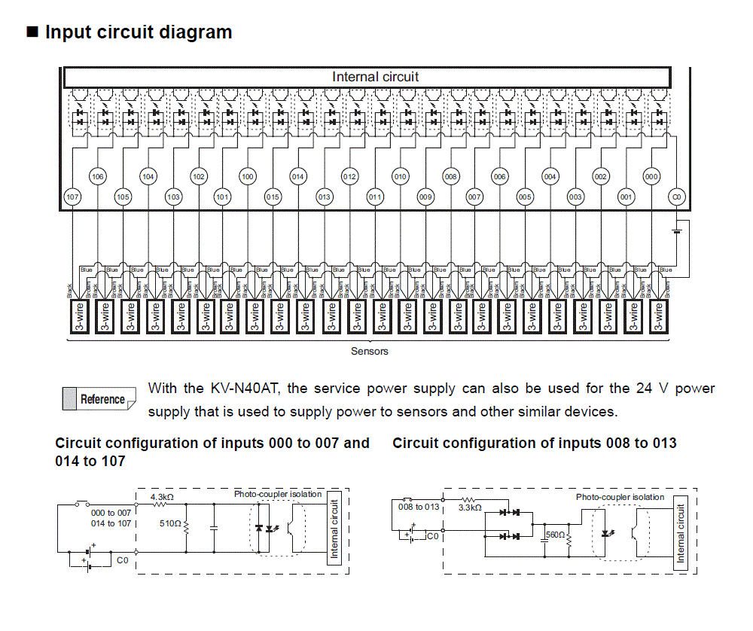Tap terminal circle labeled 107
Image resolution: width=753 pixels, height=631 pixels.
(x=72, y=197)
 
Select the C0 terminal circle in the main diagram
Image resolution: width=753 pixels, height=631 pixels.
(x=677, y=197)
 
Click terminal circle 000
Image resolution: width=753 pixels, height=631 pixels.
(x=651, y=177)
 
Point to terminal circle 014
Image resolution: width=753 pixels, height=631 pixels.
(x=298, y=177)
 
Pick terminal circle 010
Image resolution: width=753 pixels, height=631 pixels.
(x=400, y=177)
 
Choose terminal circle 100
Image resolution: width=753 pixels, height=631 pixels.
(x=248, y=177)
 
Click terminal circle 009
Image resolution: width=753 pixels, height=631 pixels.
(x=425, y=197)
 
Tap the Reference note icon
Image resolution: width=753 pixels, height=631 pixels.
(x=99, y=399)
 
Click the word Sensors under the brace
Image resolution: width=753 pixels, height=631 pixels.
(x=369, y=351)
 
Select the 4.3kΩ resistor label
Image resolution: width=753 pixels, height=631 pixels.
(x=163, y=498)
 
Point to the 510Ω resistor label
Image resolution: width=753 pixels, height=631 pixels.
(x=170, y=523)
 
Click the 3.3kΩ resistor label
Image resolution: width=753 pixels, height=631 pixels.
(x=470, y=508)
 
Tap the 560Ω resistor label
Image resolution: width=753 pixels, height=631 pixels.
(x=554, y=535)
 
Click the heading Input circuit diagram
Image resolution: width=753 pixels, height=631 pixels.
(x=139, y=33)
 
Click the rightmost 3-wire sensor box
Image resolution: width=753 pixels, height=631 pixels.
(x=659, y=316)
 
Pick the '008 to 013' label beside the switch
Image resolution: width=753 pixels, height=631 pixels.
(x=419, y=507)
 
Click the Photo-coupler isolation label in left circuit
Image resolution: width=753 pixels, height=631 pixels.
(x=278, y=494)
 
